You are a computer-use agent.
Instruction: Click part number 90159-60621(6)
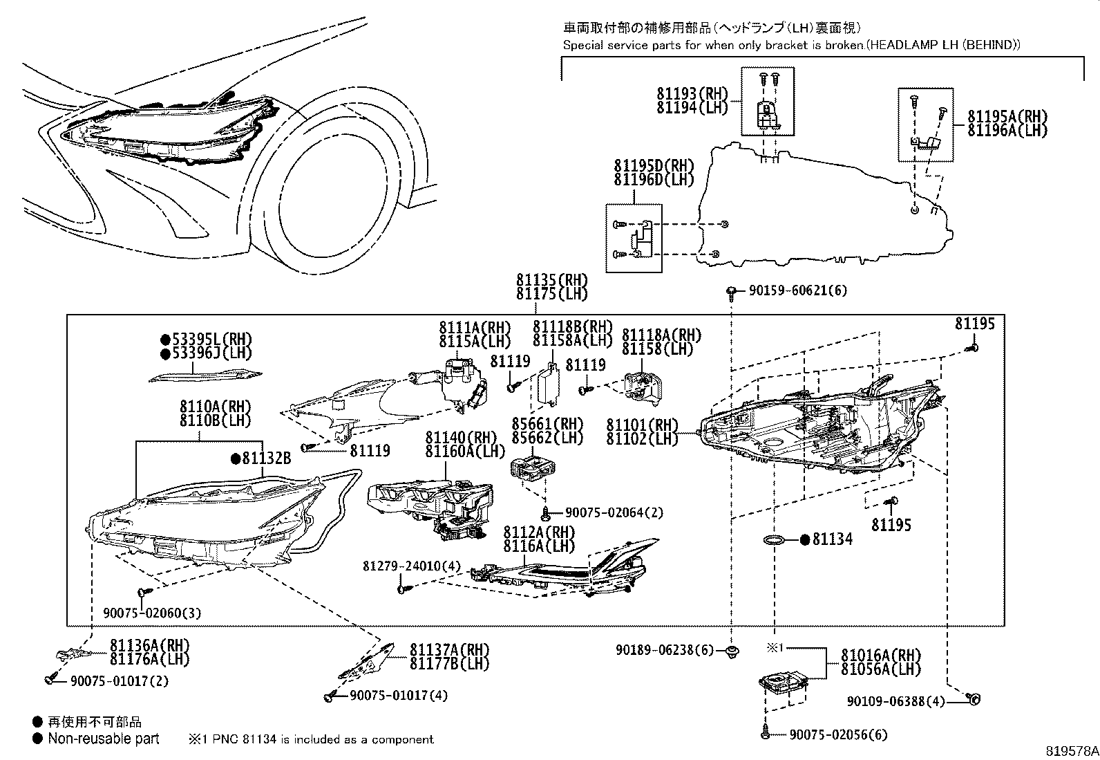click(797, 291)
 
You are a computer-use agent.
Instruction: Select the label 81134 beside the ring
click(832, 539)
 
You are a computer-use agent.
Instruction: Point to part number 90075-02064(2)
click(614, 512)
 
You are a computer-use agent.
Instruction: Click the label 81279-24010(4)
click(411, 566)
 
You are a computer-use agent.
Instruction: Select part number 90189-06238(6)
click(666, 650)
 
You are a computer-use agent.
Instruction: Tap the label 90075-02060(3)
click(153, 613)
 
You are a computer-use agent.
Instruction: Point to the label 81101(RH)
click(643, 425)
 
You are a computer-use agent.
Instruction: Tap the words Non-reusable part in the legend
click(104, 739)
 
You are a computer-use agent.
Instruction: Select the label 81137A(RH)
click(449, 650)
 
